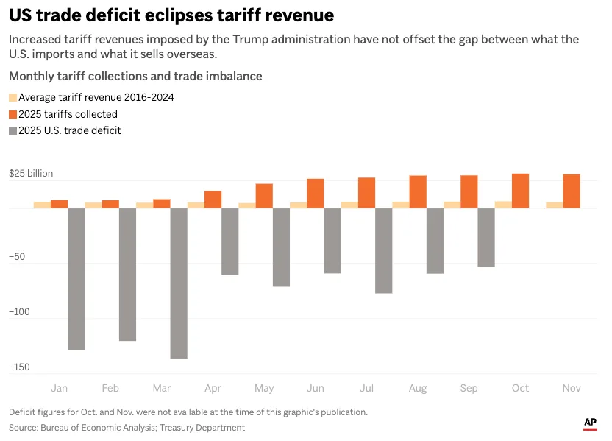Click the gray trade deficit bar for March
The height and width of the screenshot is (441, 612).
click(179, 283)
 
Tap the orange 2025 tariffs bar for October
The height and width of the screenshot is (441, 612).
click(520, 191)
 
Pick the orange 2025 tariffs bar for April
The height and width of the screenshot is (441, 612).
click(213, 199)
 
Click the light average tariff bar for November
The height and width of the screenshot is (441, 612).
click(554, 205)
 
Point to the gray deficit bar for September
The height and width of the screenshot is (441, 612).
click(486, 237)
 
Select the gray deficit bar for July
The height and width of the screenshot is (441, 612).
click(383, 250)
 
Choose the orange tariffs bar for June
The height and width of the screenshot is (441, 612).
click(316, 193)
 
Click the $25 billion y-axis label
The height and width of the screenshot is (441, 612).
click(31, 174)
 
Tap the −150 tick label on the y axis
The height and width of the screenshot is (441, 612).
click(19, 367)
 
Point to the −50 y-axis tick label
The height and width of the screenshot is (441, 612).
click(17, 257)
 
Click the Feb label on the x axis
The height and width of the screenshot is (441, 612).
click(110, 388)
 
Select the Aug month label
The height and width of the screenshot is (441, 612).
click(418, 388)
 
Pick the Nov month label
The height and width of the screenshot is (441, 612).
click(572, 388)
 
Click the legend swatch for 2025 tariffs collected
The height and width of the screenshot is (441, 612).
click(13, 114)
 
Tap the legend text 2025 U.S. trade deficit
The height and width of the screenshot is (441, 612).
click(70, 130)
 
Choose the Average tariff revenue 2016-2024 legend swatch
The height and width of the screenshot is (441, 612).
click(13, 97)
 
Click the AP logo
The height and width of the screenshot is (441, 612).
click(590, 423)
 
